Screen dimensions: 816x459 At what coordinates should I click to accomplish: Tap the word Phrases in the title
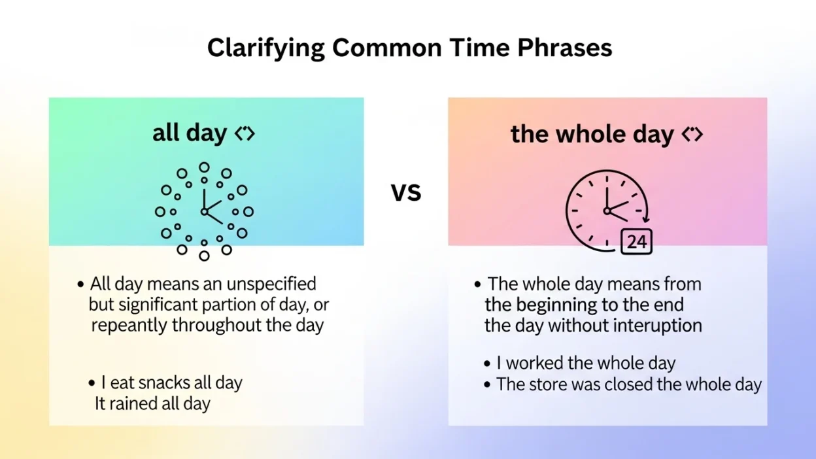pyautogui.click(x=565, y=48)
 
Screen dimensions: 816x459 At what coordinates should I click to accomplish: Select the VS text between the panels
pyautogui.click(x=406, y=192)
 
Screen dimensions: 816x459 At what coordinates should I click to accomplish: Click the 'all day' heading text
pyautogui.click(x=190, y=133)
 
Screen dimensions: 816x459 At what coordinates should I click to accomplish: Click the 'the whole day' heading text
pyautogui.click(x=592, y=135)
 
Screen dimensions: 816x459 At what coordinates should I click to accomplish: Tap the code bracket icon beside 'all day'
pyautogui.click(x=245, y=133)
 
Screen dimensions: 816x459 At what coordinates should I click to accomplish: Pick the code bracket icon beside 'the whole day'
pyautogui.click(x=692, y=134)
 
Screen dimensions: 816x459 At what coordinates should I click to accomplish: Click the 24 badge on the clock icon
pyautogui.click(x=636, y=241)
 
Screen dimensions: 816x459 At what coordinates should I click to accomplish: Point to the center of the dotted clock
pyautogui.click(x=205, y=212)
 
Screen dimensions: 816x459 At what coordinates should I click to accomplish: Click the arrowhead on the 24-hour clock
pyautogui.click(x=645, y=219)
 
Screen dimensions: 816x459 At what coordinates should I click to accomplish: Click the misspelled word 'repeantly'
pyautogui.click(x=129, y=326)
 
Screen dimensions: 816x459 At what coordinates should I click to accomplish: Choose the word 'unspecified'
pyautogui.click(x=271, y=284)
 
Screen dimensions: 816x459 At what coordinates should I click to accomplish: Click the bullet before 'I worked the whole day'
pyautogui.click(x=487, y=364)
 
